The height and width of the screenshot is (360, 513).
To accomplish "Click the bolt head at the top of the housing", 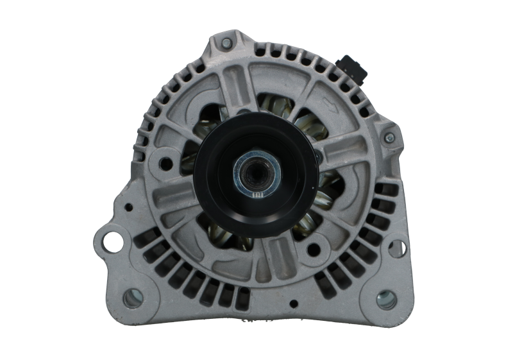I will click(226, 43).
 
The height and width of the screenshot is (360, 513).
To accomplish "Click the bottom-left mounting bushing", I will click(131, 296).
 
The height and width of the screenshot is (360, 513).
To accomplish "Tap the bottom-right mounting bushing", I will click(385, 298).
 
